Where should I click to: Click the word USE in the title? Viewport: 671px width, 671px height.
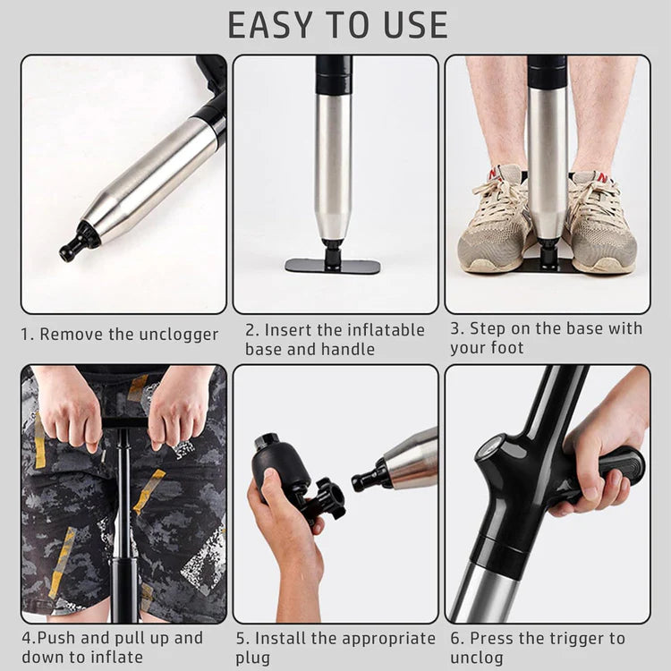[x=413, y=25]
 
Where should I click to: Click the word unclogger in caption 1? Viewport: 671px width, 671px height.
[x=178, y=335]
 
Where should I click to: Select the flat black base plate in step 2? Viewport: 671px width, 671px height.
[x=333, y=266]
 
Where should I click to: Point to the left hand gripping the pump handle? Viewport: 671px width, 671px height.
[x=68, y=407]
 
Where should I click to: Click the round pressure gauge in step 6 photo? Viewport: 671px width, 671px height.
[x=488, y=447]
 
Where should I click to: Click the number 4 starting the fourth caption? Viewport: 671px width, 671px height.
[x=26, y=639]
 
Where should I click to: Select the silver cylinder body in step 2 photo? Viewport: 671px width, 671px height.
[x=333, y=166]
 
